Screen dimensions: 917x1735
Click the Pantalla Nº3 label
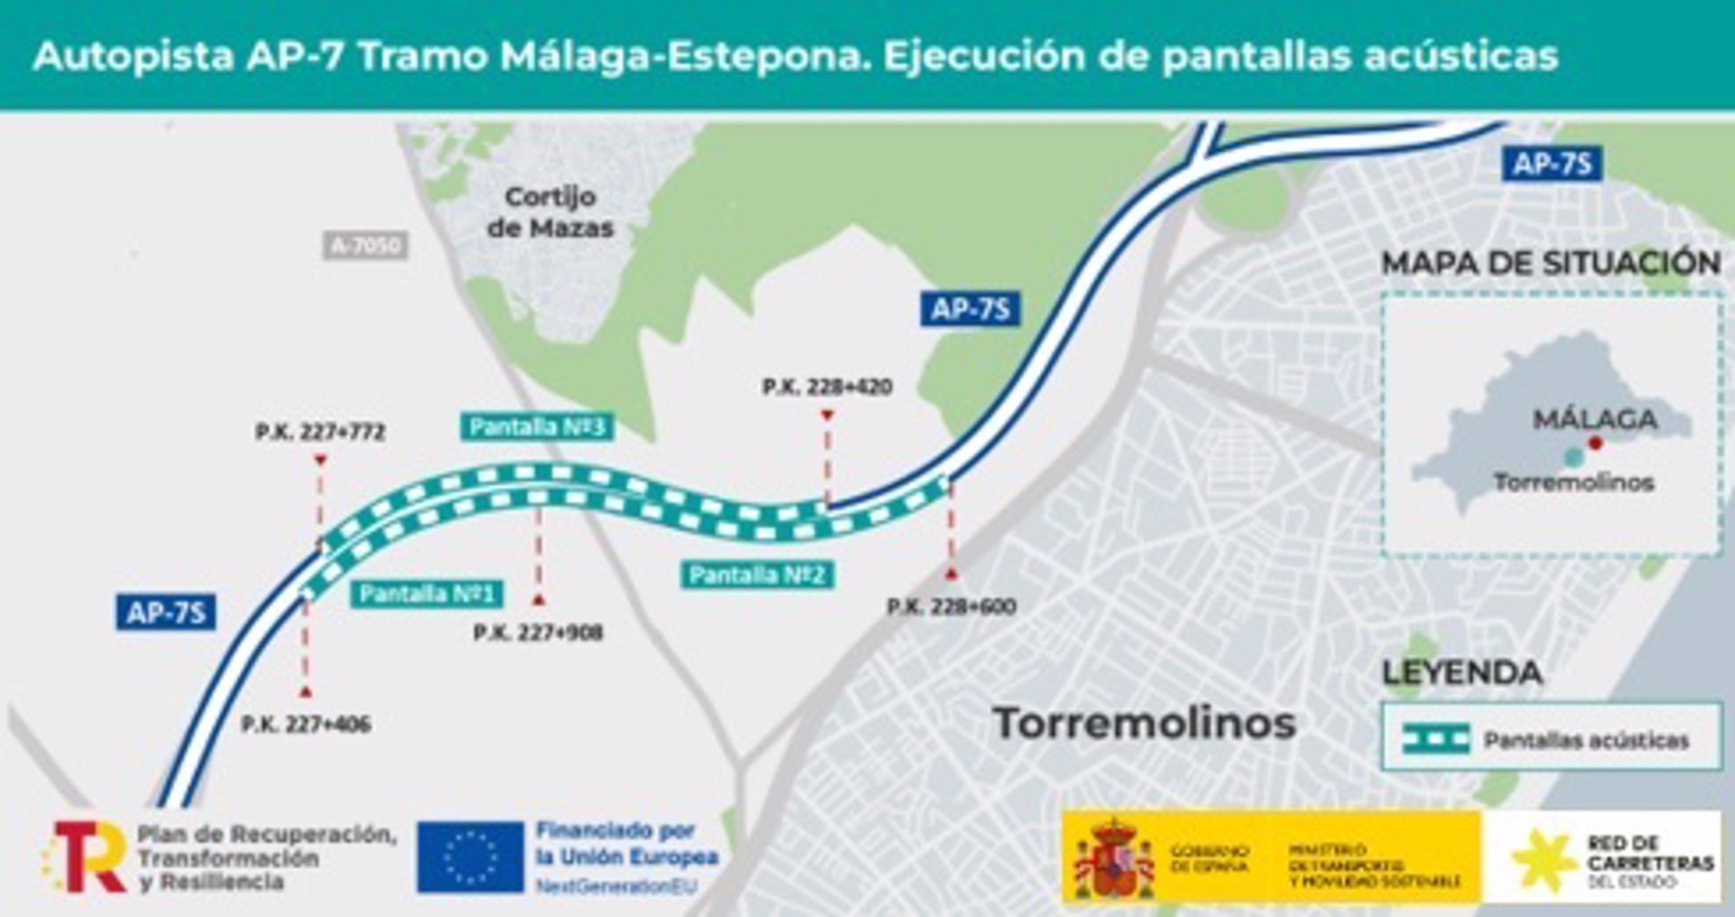click(537, 426)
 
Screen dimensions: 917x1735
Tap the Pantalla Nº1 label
click(427, 594)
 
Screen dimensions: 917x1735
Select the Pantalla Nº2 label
click(756, 575)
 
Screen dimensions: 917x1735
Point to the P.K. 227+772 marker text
click(320, 432)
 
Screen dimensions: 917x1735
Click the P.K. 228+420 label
click(827, 387)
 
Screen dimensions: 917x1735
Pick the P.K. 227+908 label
click(538, 632)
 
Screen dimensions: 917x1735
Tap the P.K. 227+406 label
click(305, 724)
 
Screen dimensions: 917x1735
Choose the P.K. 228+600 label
click(952, 606)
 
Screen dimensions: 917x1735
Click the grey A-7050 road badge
click(365, 245)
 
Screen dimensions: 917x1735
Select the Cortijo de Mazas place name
click(549, 212)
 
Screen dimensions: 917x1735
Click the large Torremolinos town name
click(1144, 723)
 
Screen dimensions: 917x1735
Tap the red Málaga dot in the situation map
click(1596, 443)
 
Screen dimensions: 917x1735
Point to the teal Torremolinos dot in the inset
click(1574, 457)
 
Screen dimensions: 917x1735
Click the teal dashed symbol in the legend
click(1436, 739)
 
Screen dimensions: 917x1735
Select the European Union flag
click(470, 856)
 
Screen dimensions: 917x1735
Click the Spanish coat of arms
click(1113, 858)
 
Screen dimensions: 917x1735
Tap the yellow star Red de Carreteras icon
click(1543, 859)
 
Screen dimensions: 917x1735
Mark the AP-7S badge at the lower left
click(166, 613)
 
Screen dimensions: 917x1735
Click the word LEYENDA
click(1462, 673)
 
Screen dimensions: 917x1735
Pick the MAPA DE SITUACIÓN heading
click(1551, 263)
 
